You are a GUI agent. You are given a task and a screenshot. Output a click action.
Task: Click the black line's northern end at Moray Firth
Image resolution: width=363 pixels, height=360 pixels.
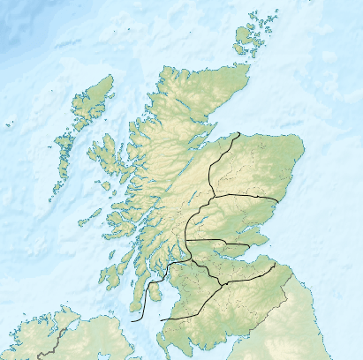(x=239, y=133)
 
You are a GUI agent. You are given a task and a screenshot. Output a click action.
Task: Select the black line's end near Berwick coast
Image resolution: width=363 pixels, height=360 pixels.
(x=276, y=262)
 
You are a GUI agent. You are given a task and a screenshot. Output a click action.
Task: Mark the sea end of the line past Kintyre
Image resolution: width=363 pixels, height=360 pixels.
(x=132, y=321)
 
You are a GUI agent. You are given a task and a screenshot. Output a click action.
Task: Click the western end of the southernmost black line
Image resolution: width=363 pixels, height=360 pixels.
(x=160, y=319)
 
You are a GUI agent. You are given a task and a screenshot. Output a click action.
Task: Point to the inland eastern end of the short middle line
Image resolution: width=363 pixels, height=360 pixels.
(x=250, y=244)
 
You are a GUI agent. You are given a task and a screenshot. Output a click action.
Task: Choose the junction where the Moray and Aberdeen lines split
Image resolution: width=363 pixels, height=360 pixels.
(x=210, y=195)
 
